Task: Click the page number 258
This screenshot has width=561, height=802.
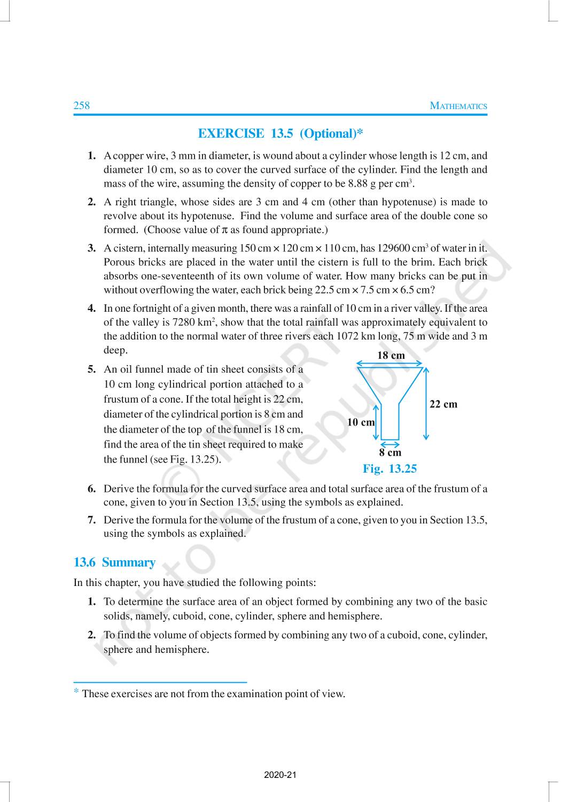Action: [82, 105]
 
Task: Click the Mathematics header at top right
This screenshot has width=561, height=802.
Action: [458, 106]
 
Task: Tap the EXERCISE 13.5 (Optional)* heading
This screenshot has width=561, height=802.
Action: [280, 134]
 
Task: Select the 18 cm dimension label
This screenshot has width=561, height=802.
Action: [391, 356]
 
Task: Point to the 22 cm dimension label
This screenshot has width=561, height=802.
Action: [443, 404]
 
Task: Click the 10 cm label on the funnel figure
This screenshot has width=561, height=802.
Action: [361, 422]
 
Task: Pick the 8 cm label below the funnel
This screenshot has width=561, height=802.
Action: [390, 453]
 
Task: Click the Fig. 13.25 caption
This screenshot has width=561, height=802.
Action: [389, 469]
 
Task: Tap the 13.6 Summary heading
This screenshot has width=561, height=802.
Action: [114, 562]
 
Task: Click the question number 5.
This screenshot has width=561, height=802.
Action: [92, 369]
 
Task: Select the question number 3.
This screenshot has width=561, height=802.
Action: [92, 249]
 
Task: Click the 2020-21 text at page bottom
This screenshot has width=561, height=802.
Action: [280, 775]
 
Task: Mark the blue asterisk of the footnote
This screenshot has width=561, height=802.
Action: [76, 692]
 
